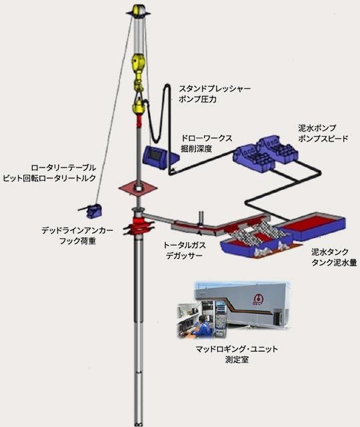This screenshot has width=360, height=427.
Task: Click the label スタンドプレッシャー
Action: pyautogui.click(x=215, y=89)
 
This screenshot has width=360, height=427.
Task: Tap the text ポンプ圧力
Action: pyautogui.click(x=197, y=99)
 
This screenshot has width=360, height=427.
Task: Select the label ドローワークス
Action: pyautogui.click(x=207, y=138)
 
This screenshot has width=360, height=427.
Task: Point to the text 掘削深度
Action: pyautogui.click(x=197, y=149)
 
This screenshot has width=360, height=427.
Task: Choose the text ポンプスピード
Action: pyautogui.click(x=323, y=139)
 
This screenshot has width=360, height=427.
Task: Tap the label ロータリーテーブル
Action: pyautogui.click(x=63, y=167)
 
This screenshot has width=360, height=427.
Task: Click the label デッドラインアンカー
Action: pyautogui.click(x=77, y=231)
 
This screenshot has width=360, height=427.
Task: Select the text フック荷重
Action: pyautogui.click(x=77, y=242)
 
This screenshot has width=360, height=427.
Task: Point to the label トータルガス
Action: pyautogui.click(x=184, y=246)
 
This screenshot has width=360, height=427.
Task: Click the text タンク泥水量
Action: pyautogui.click(x=334, y=262)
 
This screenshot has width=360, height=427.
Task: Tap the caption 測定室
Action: pyautogui.click(x=237, y=360)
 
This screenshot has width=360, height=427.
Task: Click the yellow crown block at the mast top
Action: pyautogui.click(x=139, y=11)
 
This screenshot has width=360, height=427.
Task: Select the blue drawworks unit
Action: pyautogui.click(x=160, y=157)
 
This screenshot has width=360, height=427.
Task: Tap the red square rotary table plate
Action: pyautogui.click(x=138, y=188)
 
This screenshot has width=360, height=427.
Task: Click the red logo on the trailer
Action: pyautogui.click(x=257, y=300)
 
